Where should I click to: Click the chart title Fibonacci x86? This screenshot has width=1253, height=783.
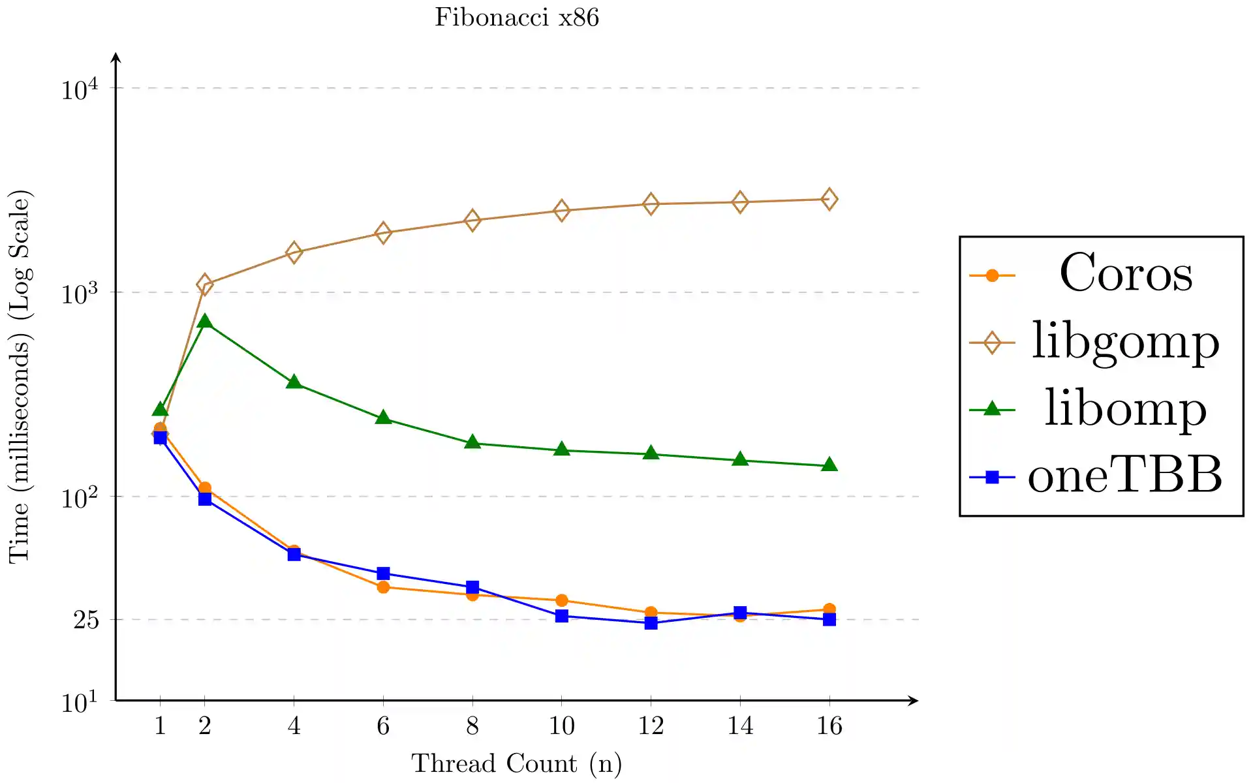click(516, 18)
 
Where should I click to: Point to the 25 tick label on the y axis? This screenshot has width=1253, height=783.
click(86, 620)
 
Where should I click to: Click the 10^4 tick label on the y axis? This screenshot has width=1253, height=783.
click(80, 89)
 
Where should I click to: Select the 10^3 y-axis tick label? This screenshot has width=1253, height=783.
click(80, 294)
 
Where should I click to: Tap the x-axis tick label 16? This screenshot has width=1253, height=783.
click(829, 726)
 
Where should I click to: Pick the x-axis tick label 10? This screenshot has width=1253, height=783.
click(561, 726)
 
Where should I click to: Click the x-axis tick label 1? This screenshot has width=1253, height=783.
click(160, 726)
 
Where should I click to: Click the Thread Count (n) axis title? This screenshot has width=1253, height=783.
click(516, 763)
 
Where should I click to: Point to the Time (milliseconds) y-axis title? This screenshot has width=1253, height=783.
click(20, 376)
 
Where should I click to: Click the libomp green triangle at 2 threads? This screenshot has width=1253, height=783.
click(205, 321)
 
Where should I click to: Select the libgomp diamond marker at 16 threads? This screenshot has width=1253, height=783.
click(829, 199)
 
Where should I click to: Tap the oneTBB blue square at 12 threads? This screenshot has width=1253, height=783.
click(651, 623)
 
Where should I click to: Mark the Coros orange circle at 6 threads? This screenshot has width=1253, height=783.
click(383, 587)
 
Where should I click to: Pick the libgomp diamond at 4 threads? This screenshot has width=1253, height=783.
click(294, 253)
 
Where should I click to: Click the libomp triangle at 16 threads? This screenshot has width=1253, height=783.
click(829, 465)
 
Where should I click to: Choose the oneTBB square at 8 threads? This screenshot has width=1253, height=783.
click(472, 587)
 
